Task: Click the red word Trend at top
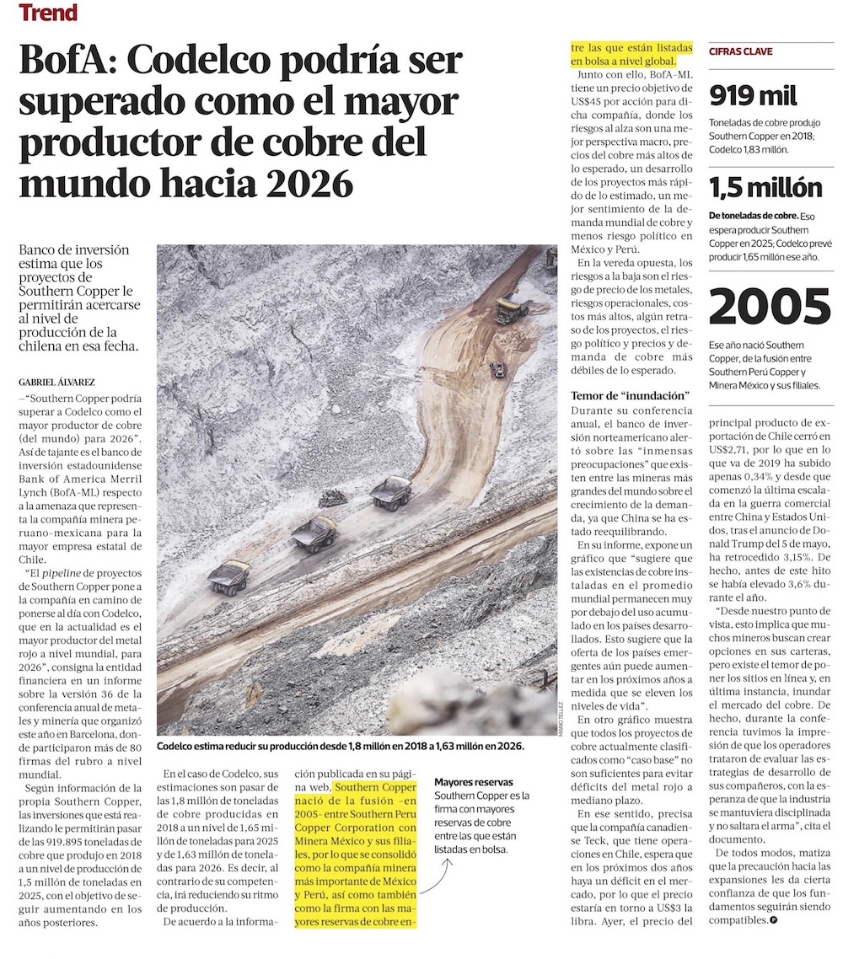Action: pos(48,13)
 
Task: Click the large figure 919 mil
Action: pos(753,96)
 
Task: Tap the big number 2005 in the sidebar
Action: pos(769,308)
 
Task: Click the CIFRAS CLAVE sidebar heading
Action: pos(741,51)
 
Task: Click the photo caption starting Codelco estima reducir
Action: pos(340,746)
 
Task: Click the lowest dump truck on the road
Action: pos(229,576)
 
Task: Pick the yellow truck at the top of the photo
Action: pos(511,308)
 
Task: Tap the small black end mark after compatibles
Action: pos(773,920)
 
